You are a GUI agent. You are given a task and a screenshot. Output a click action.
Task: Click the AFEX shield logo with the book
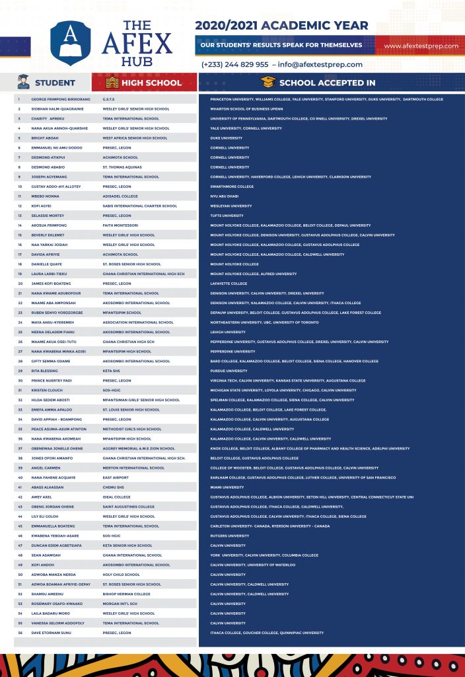[71, 44]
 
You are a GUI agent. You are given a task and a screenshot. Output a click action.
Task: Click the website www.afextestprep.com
[421, 46]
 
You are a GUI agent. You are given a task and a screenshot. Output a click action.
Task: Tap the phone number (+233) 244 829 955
[235, 65]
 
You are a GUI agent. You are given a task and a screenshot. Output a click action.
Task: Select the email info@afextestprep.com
[320, 65]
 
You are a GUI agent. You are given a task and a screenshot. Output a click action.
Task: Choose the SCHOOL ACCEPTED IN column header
[327, 83]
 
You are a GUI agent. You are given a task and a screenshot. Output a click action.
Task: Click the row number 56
[20, 633]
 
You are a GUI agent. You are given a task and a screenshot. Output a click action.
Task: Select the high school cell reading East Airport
[116, 477]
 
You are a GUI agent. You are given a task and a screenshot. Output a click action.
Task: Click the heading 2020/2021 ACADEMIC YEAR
[281, 26]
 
